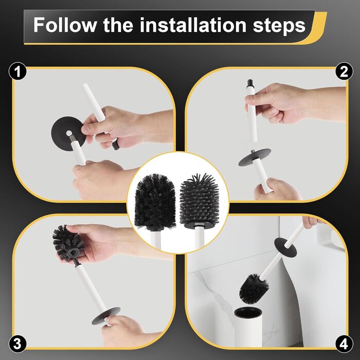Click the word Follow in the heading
[65, 25]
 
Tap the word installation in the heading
[193, 25]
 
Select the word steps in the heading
[279, 26]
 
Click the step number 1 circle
[17, 71]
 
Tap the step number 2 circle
[344, 71]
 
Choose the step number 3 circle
[17, 344]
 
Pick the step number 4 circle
[344, 344]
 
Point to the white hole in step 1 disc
[69, 133]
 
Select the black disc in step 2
[255, 157]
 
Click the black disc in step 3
[106, 316]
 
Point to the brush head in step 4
[254, 289]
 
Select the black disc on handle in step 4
[285, 247]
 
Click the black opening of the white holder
[248, 313]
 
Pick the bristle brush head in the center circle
[155, 202]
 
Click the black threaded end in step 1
[116, 146]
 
